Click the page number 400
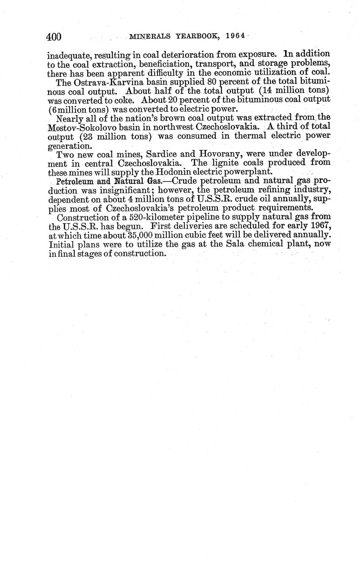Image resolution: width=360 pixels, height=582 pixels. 54,37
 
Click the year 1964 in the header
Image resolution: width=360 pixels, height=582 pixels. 235,36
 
